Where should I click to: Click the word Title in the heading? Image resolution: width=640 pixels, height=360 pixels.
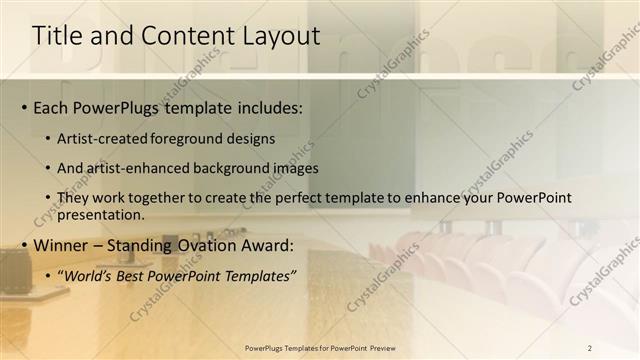tap(57, 36)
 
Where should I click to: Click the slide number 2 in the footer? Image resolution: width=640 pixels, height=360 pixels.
tap(589, 348)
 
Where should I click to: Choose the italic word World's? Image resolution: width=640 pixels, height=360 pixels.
tap(91, 275)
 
